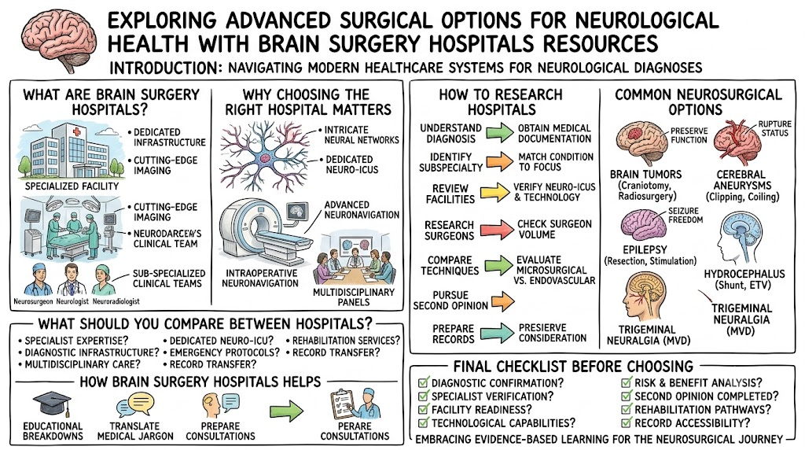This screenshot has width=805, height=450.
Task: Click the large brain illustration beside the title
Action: point(58,40)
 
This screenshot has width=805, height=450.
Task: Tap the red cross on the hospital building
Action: point(77,132)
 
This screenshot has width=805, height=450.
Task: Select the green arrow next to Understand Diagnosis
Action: point(499,132)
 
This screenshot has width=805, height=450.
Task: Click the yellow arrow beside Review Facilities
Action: point(495,193)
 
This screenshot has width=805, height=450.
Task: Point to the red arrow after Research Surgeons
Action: point(499,229)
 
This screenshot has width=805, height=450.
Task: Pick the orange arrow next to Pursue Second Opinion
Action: point(503,301)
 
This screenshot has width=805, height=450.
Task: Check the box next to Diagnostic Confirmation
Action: point(424,382)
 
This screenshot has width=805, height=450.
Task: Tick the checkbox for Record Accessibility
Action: point(627,422)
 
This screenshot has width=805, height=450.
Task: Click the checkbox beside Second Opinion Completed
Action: point(627,396)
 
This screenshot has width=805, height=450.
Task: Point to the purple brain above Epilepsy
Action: point(643,225)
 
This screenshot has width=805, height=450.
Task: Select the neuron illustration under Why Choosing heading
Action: point(264,157)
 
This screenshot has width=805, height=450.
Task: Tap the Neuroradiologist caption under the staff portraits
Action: point(116,301)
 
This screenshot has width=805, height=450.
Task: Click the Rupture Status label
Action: point(774,128)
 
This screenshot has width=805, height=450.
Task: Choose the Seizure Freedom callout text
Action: point(686,216)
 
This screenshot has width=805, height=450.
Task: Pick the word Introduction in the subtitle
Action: point(165,68)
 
